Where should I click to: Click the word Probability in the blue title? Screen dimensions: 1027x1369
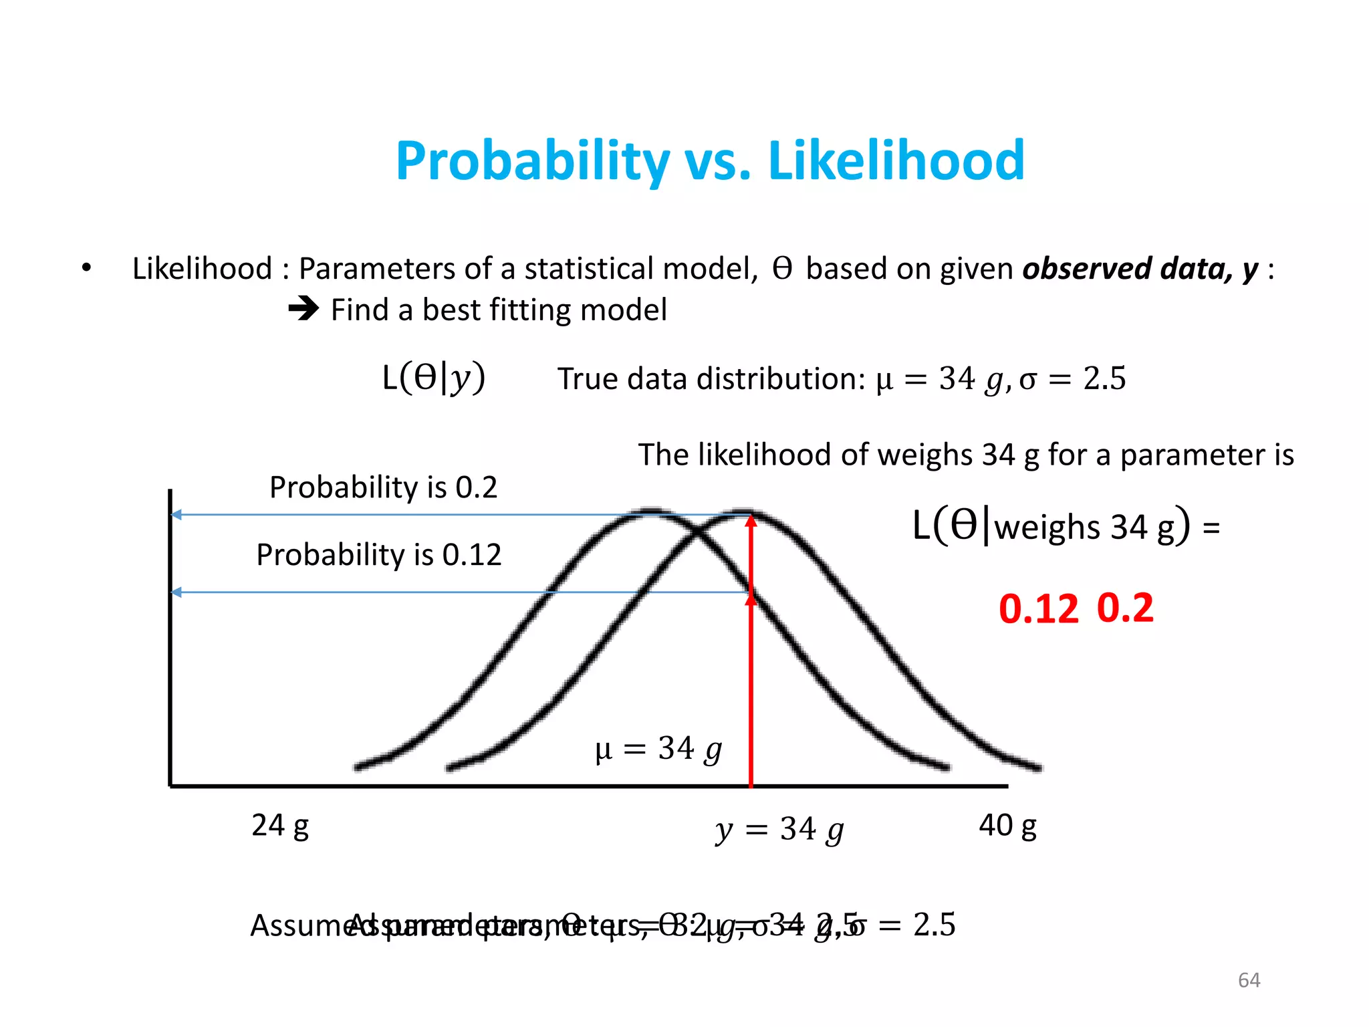532,161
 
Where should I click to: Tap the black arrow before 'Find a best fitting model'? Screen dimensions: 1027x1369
303,309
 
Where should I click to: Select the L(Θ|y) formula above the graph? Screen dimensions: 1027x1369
433,378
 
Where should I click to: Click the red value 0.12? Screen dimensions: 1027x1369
1038,609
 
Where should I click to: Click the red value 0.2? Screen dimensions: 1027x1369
1125,608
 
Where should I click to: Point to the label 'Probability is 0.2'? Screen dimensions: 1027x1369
383,487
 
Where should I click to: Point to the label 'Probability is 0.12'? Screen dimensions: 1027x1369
378,555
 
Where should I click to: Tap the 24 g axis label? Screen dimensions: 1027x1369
279,826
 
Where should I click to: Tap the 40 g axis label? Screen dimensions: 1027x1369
1007,826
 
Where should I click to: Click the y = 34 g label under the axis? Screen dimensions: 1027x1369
779,830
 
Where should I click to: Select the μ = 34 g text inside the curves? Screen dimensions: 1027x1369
658,749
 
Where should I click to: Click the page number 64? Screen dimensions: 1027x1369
1249,980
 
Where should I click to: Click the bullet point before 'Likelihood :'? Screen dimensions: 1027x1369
86,268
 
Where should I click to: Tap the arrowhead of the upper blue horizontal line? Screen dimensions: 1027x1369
176,515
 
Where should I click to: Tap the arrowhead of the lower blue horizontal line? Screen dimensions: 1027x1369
176,592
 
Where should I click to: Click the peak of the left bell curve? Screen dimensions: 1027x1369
650,513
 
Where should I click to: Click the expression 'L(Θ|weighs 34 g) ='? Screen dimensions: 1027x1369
1066,527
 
